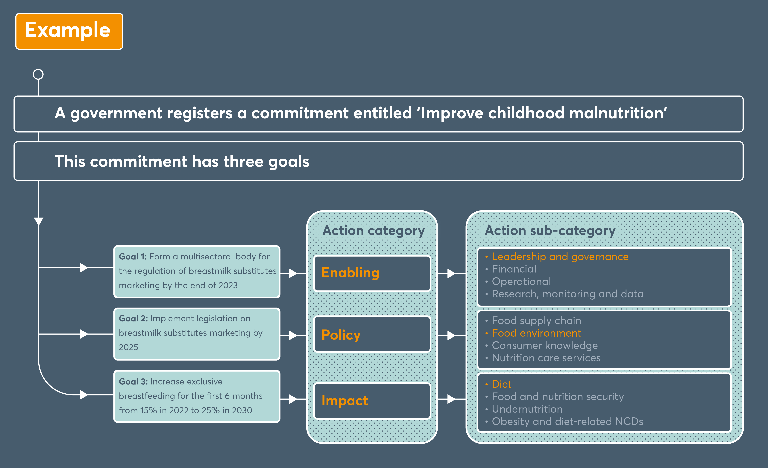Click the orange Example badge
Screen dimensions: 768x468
(69, 31)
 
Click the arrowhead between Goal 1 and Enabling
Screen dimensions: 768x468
(293, 273)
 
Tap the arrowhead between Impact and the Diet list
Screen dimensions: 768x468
(451, 399)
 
